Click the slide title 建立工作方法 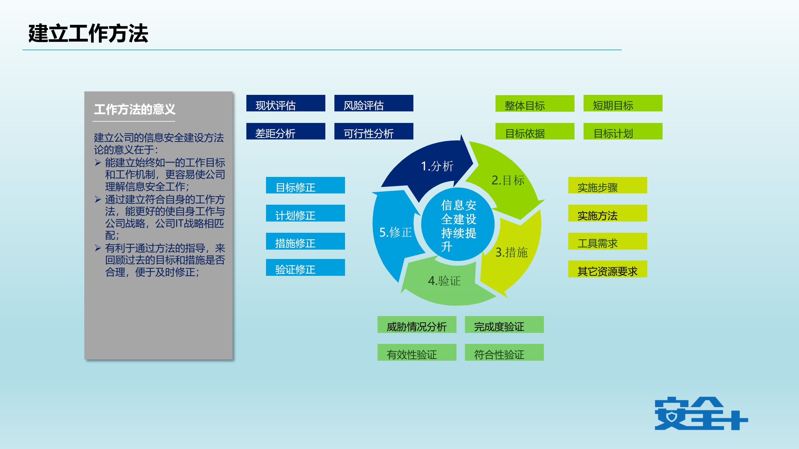(88, 33)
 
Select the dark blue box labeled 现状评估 (285, 103)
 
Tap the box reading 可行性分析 (373, 131)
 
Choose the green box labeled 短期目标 (623, 103)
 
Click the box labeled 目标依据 (535, 131)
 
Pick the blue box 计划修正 (305, 213)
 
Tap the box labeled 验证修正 (305, 268)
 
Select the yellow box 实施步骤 (607, 185)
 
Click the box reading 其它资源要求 (607, 269)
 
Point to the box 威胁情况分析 (417, 325)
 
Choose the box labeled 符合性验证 (504, 353)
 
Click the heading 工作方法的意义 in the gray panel (135, 110)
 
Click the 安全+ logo (701, 414)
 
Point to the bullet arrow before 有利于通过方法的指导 (98, 248)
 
